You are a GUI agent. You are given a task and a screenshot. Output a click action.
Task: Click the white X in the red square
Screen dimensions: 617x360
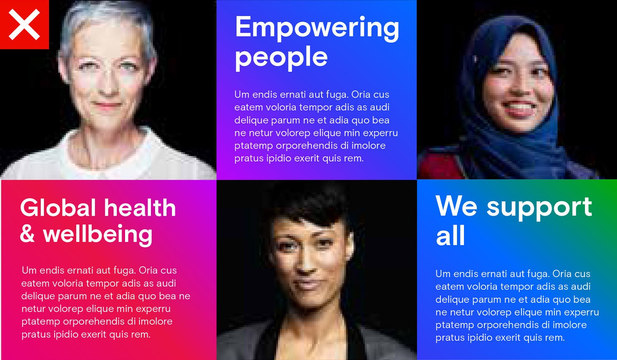click(24, 24)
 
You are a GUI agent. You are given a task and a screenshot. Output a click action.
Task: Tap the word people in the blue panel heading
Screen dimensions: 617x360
click(281, 58)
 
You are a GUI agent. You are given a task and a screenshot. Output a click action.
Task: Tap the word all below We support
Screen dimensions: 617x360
click(450, 235)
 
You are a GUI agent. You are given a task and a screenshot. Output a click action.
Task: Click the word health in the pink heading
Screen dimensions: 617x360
click(140, 207)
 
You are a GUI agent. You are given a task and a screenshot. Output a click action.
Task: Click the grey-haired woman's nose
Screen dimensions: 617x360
click(108, 86)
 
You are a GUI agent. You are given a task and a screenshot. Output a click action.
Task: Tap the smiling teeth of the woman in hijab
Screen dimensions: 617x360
click(520, 106)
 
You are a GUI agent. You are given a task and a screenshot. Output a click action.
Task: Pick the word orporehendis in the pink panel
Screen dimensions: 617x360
click(94, 322)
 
